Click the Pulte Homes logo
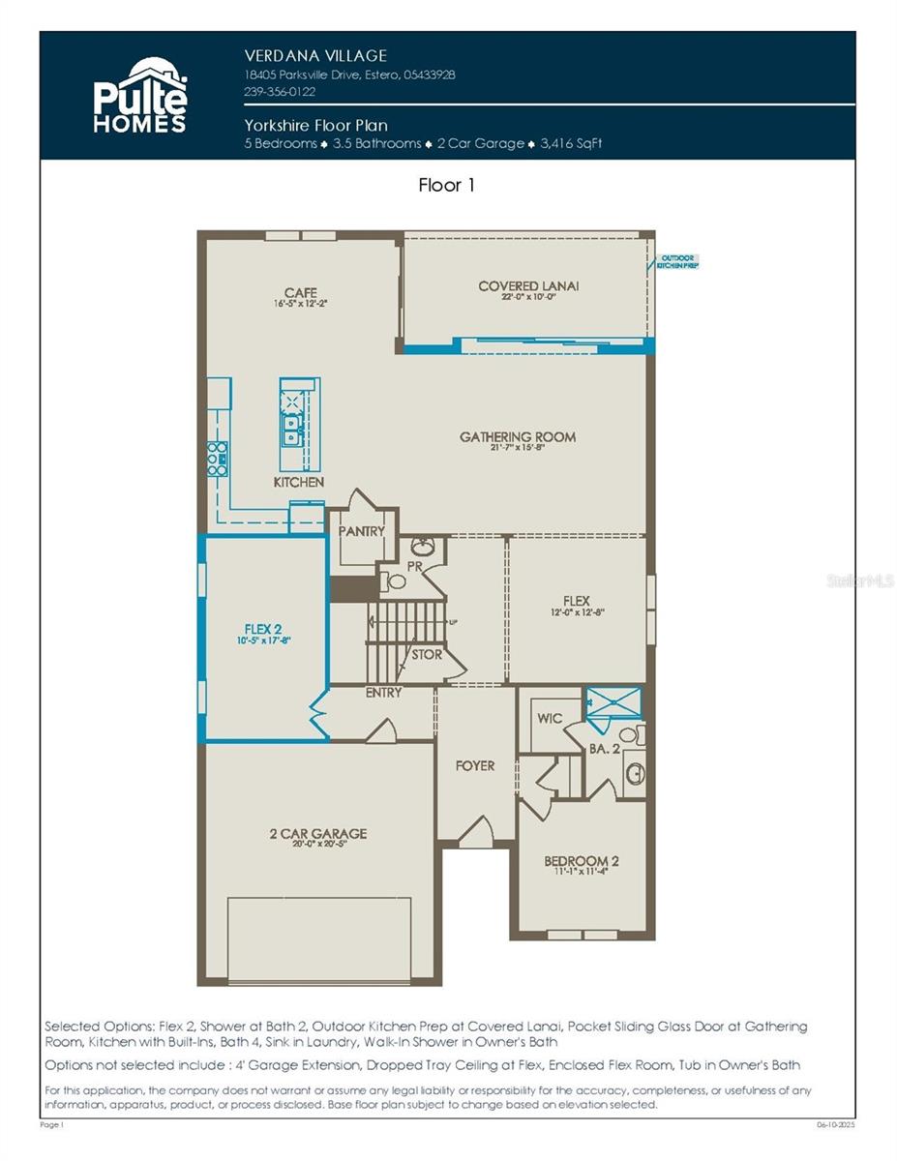click(x=139, y=95)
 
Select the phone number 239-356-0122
click(x=280, y=92)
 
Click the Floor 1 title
click(x=447, y=185)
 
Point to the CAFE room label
click(x=301, y=293)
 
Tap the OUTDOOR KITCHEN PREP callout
click(x=677, y=261)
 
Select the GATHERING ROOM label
click(x=517, y=437)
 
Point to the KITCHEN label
click(x=299, y=482)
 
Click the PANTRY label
click(x=361, y=531)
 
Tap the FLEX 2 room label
click(x=263, y=628)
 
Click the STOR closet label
click(x=426, y=655)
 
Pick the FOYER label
click(x=474, y=765)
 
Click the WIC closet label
click(x=550, y=720)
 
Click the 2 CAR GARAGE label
click(x=317, y=833)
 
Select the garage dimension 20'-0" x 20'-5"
click(x=317, y=845)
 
